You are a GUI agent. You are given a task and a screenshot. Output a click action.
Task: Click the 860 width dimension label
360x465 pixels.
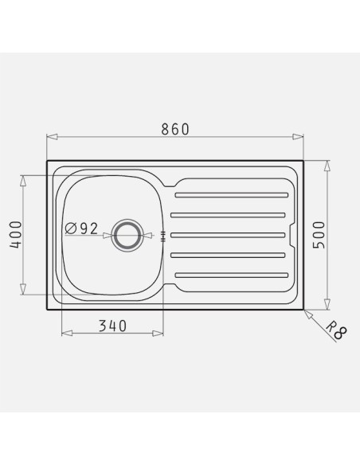175,129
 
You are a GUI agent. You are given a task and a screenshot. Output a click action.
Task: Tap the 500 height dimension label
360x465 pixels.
319,235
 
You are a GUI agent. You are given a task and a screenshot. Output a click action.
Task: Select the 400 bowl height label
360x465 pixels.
16,234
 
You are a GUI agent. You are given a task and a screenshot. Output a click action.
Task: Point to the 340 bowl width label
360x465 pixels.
112,326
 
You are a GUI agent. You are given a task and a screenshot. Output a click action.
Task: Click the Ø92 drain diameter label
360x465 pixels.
81,229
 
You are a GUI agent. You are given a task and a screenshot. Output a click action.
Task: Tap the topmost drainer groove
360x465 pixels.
232,195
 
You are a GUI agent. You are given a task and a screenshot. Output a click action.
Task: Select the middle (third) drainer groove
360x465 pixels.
228,235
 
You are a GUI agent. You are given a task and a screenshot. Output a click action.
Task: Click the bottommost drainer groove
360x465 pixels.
232,275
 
